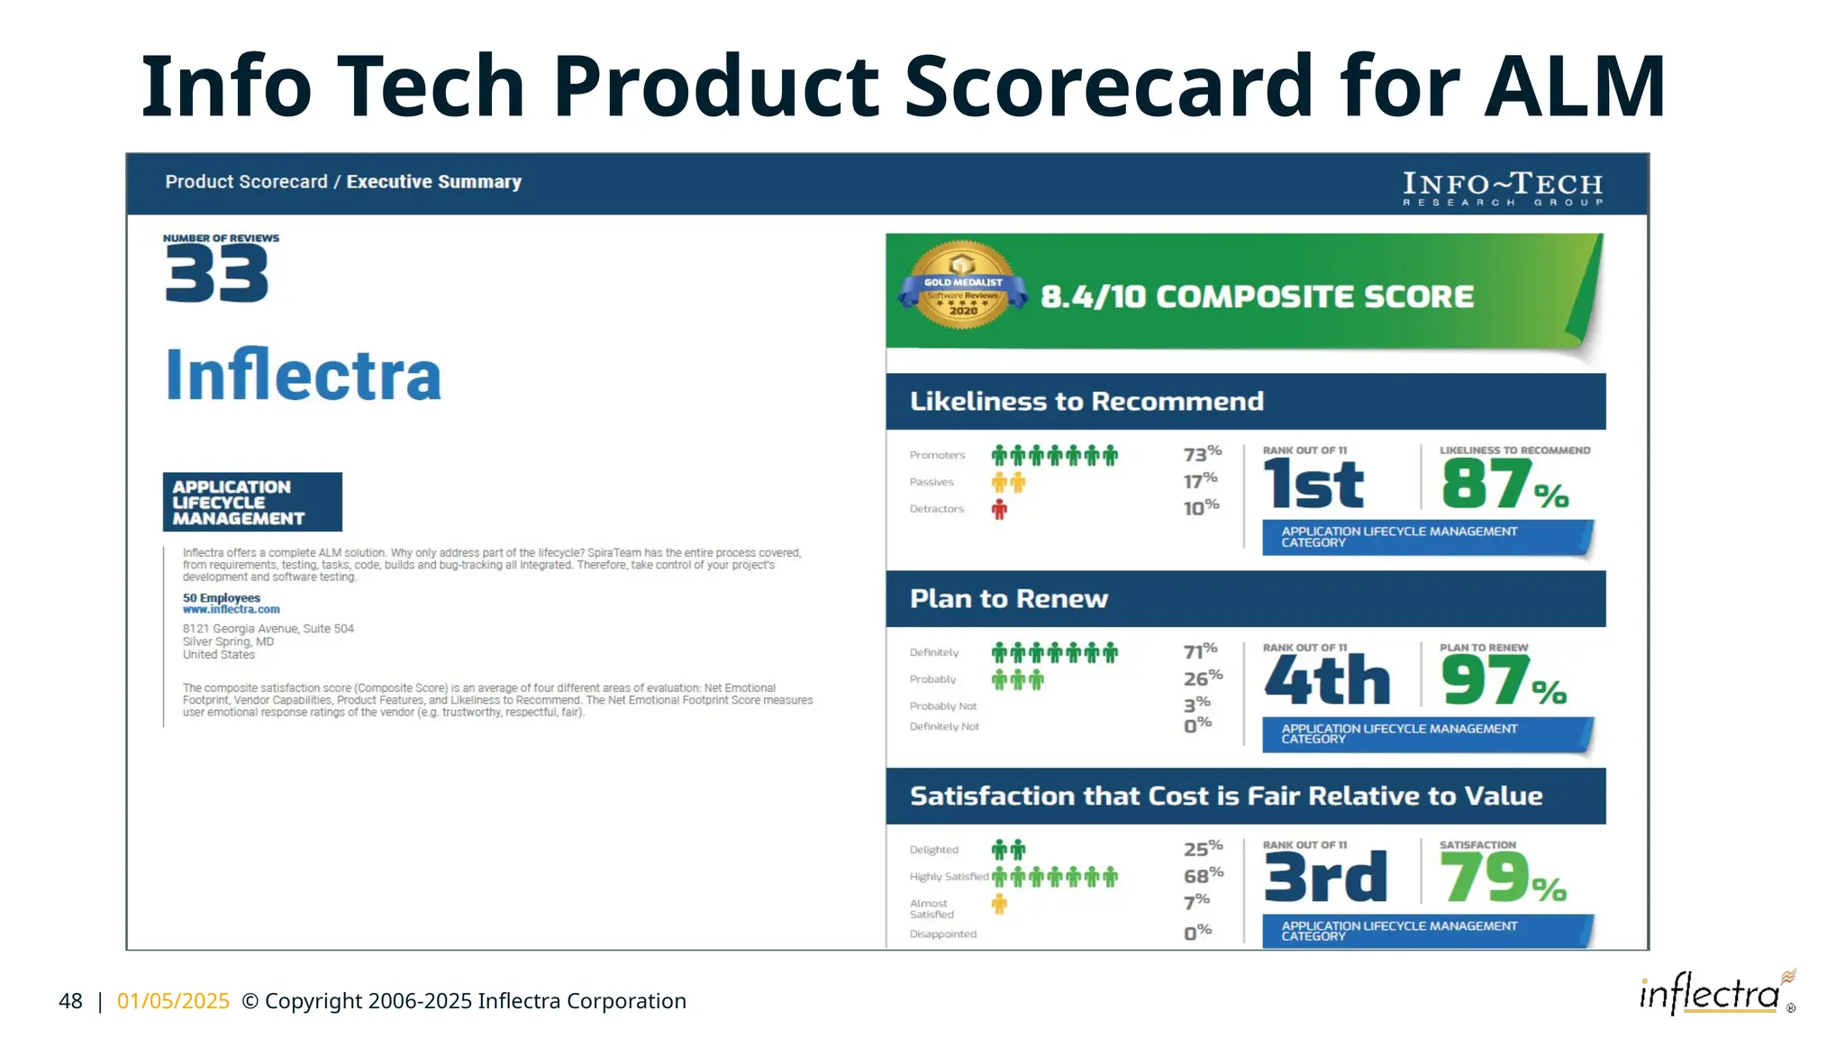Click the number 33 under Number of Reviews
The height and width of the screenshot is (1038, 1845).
click(217, 275)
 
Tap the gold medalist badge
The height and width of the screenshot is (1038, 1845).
click(962, 285)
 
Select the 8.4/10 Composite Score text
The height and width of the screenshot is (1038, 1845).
click(1257, 296)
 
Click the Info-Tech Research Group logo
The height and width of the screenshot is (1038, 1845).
click(1503, 188)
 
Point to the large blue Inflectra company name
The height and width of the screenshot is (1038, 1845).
click(304, 375)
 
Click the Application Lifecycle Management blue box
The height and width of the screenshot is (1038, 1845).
click(252, 502)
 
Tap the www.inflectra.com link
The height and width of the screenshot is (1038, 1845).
click(232, 610)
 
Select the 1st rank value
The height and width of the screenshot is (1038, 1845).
click(1313, 485)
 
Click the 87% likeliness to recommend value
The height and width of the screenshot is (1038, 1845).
click(1503, 485)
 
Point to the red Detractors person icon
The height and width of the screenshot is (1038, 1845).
click(999, 510)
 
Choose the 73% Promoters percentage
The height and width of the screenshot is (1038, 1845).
click(1202, 453)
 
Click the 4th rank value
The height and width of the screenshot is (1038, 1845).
click(1327, 681)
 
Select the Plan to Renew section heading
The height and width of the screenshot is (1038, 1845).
click(1009, 599)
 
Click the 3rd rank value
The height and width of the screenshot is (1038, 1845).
click(1325, 878)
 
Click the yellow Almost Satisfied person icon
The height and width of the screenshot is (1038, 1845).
click(999, 905)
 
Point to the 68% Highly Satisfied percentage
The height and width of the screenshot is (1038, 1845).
click(1203, 875)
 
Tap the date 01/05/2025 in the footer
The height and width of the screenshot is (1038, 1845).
click(173, 1001)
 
